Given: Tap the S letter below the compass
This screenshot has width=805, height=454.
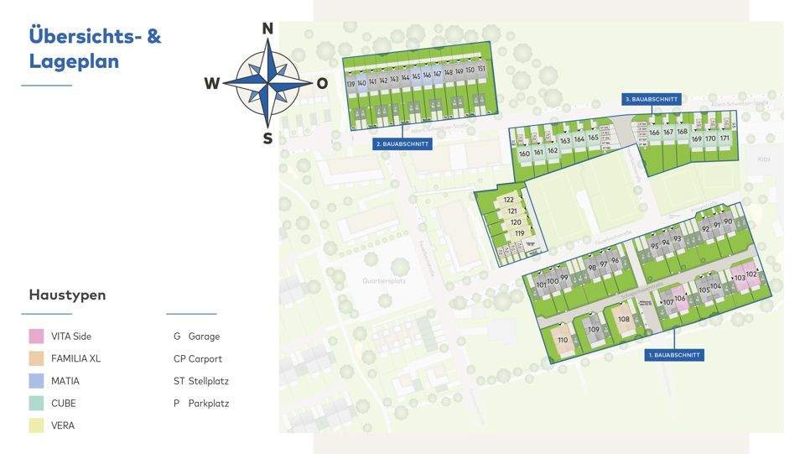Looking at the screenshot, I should (x=267, y=138).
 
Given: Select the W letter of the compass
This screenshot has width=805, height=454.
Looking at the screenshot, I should (x=212, y=83).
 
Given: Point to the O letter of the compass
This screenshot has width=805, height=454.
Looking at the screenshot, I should (x=322, y=83).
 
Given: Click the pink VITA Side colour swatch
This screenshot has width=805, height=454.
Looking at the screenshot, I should (x=36, y=337).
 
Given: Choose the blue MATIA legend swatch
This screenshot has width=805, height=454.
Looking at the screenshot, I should (x=36, y=381).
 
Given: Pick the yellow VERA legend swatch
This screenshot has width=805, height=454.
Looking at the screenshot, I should (x=36, y=425).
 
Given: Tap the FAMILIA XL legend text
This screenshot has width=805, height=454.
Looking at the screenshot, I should (x=75, y=358).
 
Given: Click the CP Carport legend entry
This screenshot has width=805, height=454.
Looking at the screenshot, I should (x=198, y=358).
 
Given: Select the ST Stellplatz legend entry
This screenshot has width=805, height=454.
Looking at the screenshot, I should (x=201, y=381).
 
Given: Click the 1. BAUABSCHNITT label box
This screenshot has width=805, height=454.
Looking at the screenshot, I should (x=674, y=356).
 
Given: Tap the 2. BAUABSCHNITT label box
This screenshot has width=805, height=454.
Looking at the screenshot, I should (x=402, y=144).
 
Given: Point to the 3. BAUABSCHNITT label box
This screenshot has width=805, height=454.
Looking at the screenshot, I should (x=652, y=99).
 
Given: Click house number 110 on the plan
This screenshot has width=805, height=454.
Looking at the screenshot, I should (x=563, y=340).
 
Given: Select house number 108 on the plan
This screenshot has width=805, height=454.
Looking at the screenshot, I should (x=624, y=319).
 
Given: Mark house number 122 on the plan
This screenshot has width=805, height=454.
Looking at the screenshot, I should (x=509, y=200).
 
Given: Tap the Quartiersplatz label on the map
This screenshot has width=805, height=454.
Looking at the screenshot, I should (x=384, y=281).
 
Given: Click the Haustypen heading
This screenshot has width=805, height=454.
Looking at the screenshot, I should (x=67, y=295).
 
